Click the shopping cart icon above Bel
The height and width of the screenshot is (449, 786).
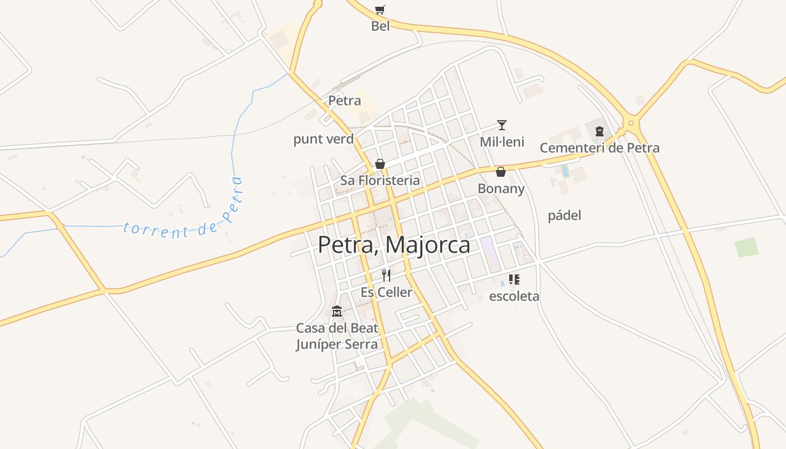pyautogui.click(x=380, y=10)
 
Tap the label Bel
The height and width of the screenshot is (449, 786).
pyautogui.click(x=380, y=26)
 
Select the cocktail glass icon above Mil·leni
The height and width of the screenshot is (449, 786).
pyautogui.click(x=502, y=125)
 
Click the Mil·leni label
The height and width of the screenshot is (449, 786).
pyautogui.click(x=502, y=142)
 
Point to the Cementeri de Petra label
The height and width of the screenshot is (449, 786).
pyautogui.click(x=599, y=148)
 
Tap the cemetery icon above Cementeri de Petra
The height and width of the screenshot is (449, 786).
pyautogui.click(x=600, y=131)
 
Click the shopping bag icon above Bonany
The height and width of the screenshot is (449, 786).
pyautogui.click(x=501, y=172)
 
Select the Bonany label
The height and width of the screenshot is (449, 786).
pyautogui.click(x=501, y=189)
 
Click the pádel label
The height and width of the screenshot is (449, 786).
pyautogui.click(x=564, y=216)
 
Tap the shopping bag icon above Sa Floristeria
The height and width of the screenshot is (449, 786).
pyautogui.click(x=380, y=164)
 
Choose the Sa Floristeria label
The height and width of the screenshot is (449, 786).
pyautogui.click(x=380, y=181)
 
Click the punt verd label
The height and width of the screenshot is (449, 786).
pyautogui.click(x=323, y=139)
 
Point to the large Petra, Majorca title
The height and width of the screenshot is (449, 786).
pyautogui.click(x=394, y=245)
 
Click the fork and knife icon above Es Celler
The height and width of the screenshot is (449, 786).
pyautogui.click(x=386, y=275)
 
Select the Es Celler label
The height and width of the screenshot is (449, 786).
pyautogui.click(x=386, y=292)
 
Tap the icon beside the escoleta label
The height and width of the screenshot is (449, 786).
pyautogui.click(x=514, y=280)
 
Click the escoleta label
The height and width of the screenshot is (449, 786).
pyautogui.click(x=514, y=296)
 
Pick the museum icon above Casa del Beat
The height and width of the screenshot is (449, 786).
pyautogui.click(x=337, y=311)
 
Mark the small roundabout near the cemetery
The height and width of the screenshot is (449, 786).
pyautogui.click(x=631, y=123)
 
